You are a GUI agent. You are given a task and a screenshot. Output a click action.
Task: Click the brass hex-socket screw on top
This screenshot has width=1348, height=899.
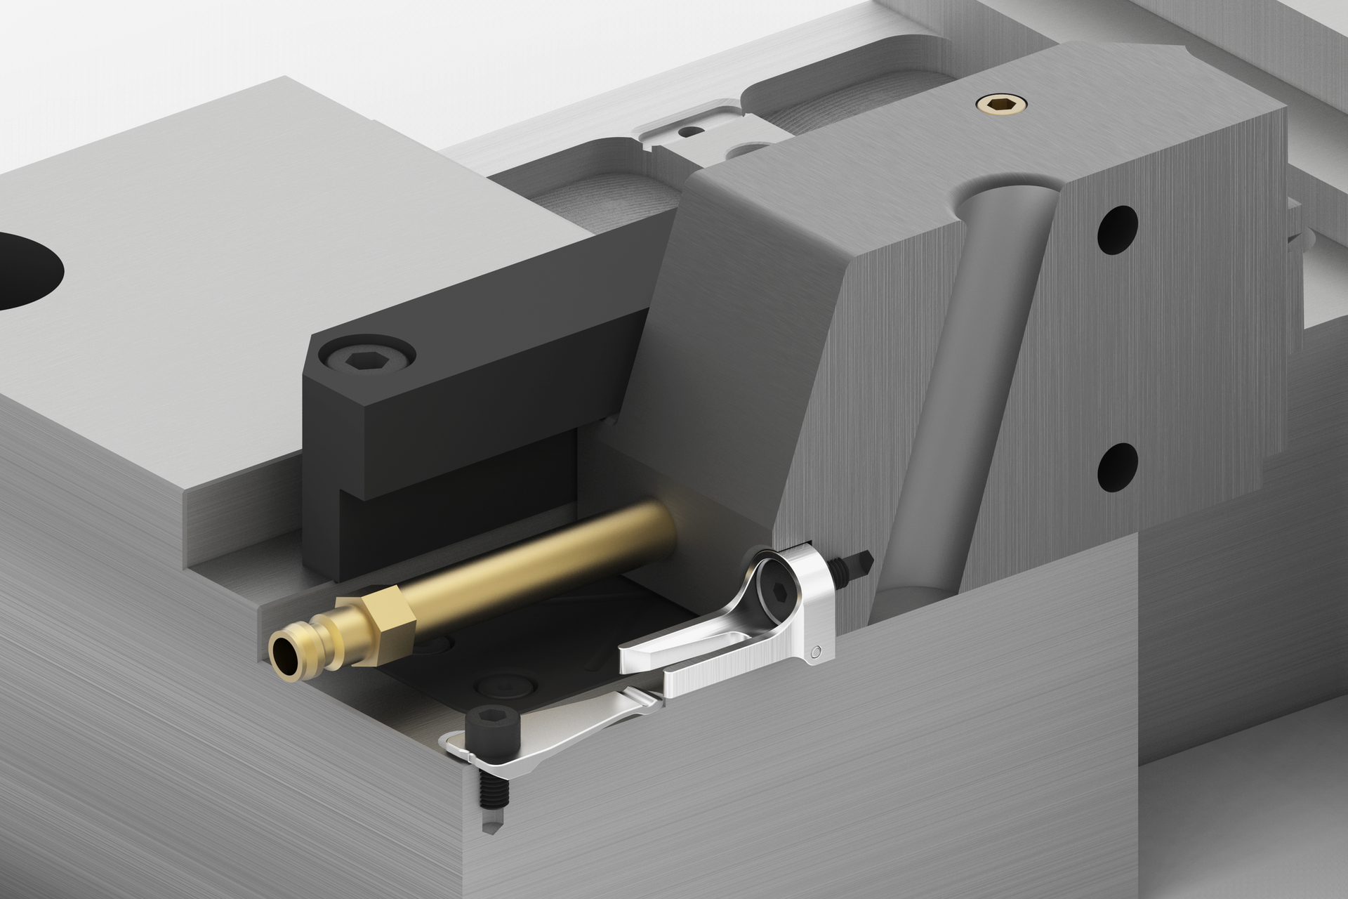pyautogui.click(x=1000, y=105)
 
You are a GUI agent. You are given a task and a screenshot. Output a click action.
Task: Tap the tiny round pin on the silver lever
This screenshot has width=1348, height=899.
pyautogui.click(x=814, y=652)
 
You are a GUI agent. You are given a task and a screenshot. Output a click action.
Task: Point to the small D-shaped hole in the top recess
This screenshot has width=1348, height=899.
pyautogui.click(x=691, y=131)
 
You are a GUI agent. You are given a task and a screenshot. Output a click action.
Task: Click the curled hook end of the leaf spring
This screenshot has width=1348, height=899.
pyautogui.click(x=456, y=744)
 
